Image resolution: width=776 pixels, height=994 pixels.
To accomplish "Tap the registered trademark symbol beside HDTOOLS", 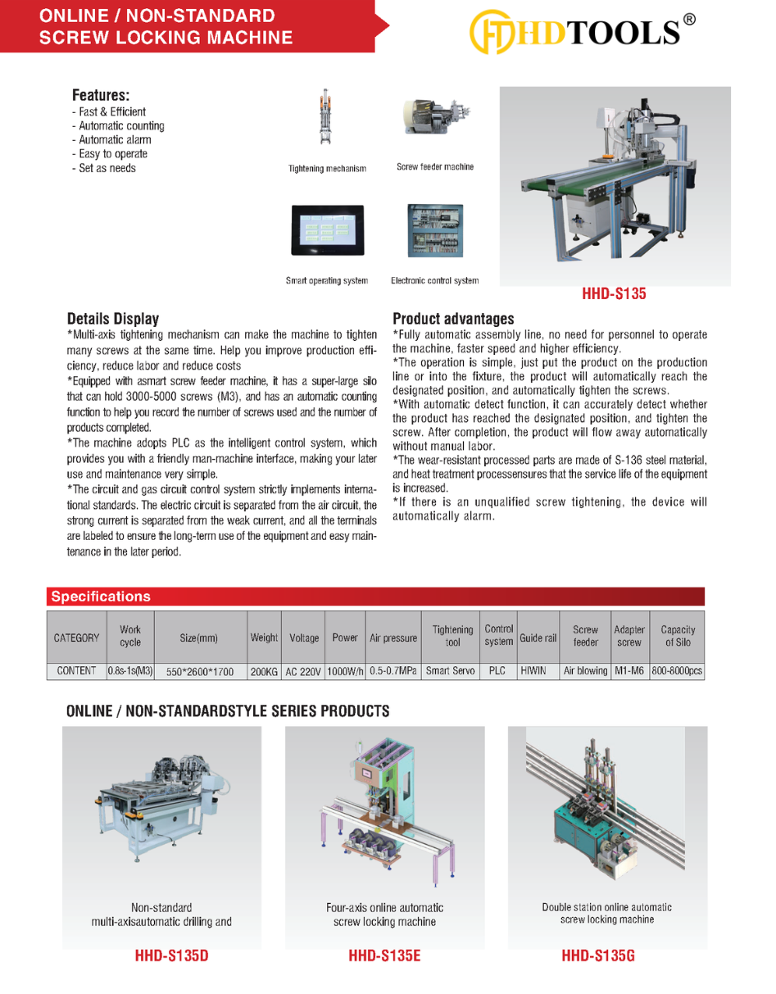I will [689, 20].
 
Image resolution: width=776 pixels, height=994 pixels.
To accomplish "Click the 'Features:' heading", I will [101, 95].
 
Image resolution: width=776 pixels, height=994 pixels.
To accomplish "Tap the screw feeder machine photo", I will [433, 118].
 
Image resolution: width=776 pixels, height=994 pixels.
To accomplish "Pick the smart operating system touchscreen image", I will [326, 231].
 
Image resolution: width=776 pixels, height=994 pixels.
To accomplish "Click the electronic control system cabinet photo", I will [434, 230].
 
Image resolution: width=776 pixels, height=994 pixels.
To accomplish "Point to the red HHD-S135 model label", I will [614, 293].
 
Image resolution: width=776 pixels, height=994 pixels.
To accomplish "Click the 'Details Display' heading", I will [113, 319].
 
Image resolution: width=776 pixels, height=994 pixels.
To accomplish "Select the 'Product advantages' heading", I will [453, 319].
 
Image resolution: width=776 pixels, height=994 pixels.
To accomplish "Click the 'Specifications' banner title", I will [101, 597].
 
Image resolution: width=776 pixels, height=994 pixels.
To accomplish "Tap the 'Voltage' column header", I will [304, 638].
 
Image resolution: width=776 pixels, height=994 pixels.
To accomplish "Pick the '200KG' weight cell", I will [264, 671].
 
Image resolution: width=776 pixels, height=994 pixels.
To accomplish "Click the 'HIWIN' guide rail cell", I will [533, 670].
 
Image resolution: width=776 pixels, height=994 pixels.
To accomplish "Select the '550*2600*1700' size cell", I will [200, 671].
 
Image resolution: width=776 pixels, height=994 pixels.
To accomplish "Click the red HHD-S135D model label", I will [177, 955].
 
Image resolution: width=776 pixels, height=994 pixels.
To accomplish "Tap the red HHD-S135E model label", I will [384, 955].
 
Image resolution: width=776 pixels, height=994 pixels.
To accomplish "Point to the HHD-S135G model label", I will [598, 955].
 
